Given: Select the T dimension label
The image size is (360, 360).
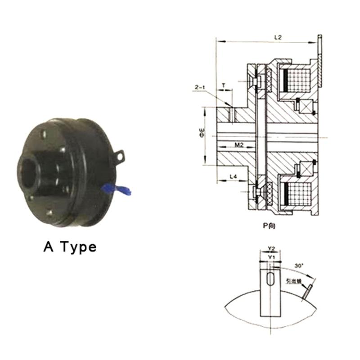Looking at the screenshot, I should (x=224, y=85).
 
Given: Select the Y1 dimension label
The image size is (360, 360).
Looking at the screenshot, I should (x=270, y=256).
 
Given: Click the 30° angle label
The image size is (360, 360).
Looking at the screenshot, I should (x=298, y=266).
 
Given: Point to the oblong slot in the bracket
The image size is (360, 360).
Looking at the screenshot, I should (x=270, y=278).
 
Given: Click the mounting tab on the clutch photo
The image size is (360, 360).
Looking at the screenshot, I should (x=119, y=155).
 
